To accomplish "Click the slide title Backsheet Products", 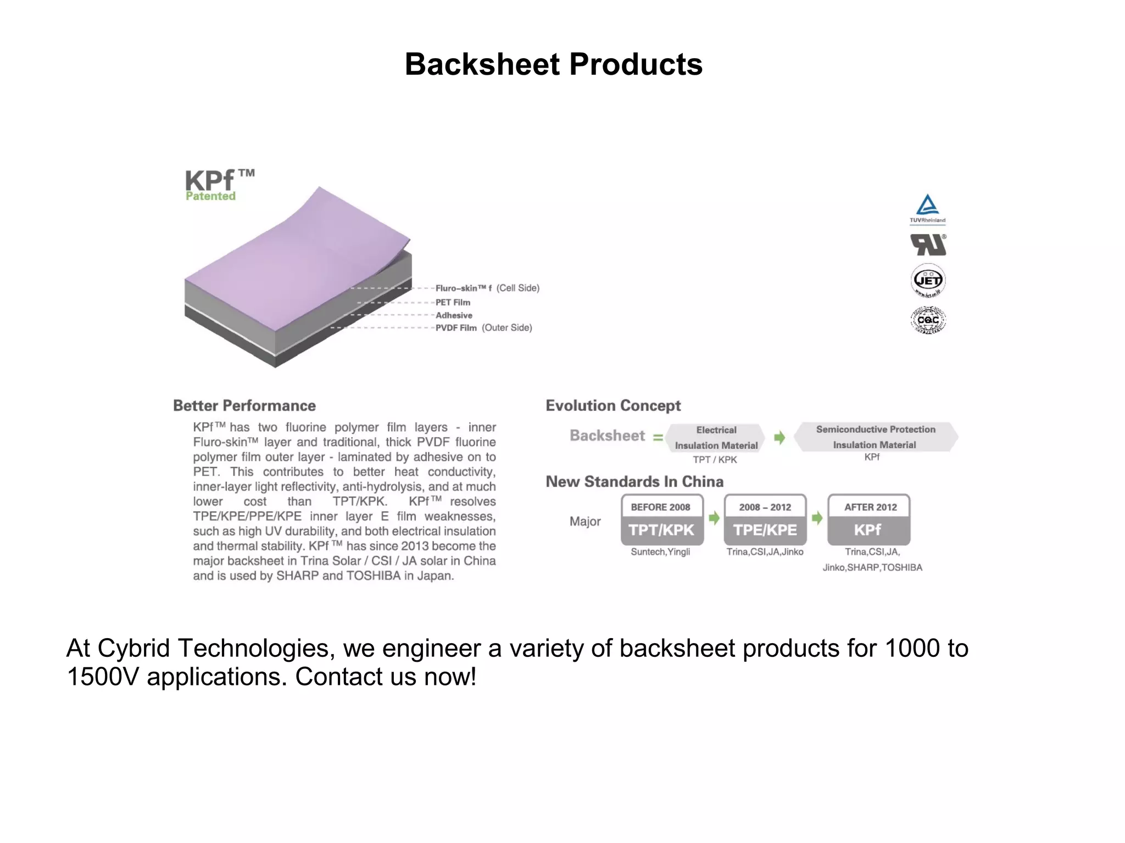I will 553,64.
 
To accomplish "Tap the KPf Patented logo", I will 219,185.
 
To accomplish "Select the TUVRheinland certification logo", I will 927,209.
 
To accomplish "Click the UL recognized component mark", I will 928,245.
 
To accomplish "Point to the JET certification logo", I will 928,280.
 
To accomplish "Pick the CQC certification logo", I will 928,320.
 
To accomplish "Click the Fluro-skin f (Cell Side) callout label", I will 487,288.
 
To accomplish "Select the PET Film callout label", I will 453,303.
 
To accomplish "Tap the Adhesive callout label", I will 454,315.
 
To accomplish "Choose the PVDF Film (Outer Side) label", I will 483,328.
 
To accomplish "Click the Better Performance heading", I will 244,406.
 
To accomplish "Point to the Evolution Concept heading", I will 613,406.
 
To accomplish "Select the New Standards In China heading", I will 634,482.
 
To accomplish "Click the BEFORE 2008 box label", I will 660,507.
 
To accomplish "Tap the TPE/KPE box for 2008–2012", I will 765,530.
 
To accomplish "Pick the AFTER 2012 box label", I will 870,507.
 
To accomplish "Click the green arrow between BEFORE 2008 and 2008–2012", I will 714,518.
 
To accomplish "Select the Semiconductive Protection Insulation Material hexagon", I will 876,437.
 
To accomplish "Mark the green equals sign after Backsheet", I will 658,438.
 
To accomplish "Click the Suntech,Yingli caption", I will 660,552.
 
